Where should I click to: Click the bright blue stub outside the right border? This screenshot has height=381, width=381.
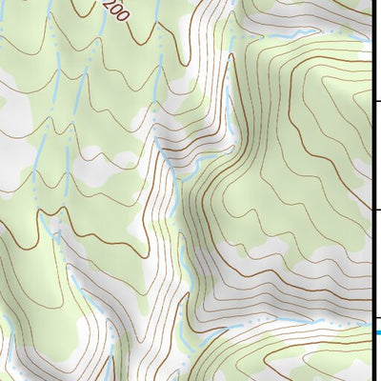coord(377,332)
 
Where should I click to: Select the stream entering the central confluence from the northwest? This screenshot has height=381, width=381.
coord(162,143)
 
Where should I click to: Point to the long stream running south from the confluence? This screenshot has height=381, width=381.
coord(184,238)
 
